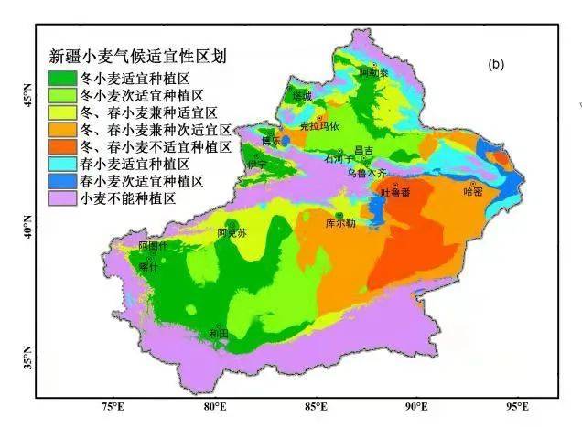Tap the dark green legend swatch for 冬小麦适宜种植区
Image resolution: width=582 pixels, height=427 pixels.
[62, 78]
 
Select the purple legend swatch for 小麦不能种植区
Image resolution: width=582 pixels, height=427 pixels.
[62, 197]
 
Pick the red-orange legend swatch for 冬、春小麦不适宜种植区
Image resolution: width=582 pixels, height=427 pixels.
[62, 145]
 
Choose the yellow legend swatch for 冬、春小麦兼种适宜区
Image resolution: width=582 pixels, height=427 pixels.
[62, 112]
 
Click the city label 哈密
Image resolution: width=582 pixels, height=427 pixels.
[472, 191]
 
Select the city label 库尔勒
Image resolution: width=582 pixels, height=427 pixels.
[340, 223]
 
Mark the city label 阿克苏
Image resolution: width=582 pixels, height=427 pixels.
[232, 233]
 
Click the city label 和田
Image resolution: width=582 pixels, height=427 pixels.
[218, 334]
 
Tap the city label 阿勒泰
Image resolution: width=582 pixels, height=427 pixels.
[368, 70]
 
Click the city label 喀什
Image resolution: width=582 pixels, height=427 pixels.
[148, 267]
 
